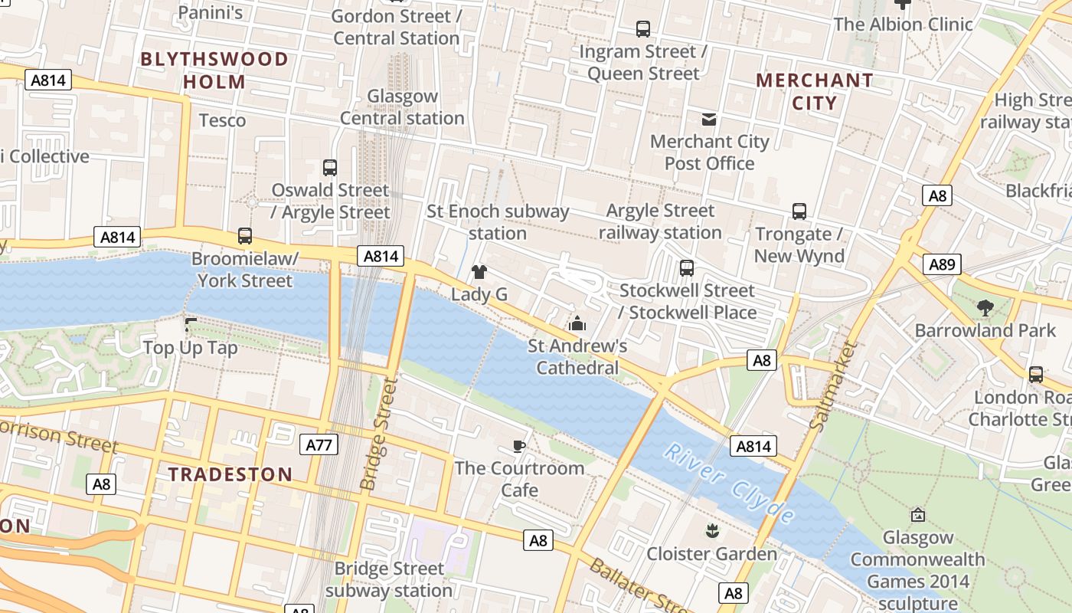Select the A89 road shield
click(x=941, y=265)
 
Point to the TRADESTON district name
click(x=230, y=474)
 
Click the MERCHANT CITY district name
click(x=814, y=91)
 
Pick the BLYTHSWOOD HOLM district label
click(x=214, y=70)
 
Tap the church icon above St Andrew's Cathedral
click(x=577, y=324)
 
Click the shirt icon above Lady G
click(x=479, y=272)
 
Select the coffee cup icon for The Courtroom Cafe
click(x=519, y=447)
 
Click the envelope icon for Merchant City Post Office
click(x=709, y=119)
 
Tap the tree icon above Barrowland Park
click(x=985, y=308)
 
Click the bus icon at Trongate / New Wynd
click(x=799, y=211)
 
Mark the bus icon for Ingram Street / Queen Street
click(x=643, y=29)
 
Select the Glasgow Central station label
click(x=402, y=107)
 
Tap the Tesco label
click(x=222, y=120)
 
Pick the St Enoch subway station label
click(x=498, y=222)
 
